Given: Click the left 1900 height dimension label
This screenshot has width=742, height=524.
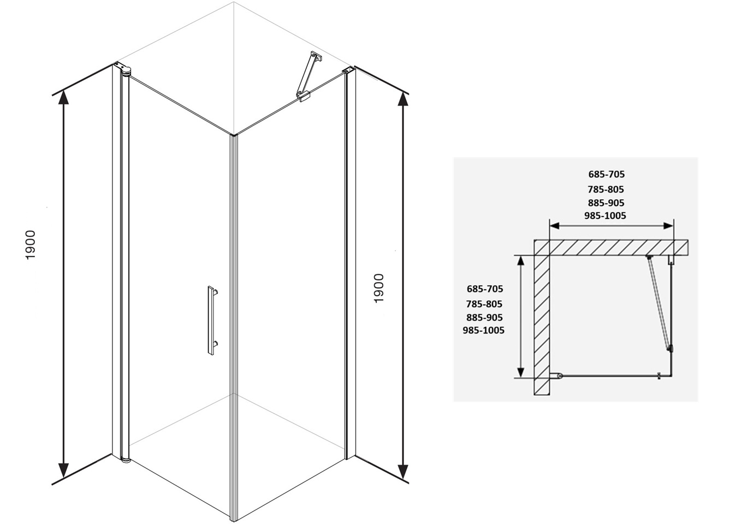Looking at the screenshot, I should click(x=31, y=245).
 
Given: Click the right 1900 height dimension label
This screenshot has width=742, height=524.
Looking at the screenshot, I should click(x=379, y=288).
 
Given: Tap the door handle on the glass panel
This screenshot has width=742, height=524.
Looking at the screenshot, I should click(x=211, y=320).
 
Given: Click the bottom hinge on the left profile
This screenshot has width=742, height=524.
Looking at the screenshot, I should click(x=125, y=458).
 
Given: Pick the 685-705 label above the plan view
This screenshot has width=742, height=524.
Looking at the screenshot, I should click(x=606, y=175).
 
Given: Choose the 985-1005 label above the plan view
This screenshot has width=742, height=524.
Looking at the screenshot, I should click(x=605, y=216).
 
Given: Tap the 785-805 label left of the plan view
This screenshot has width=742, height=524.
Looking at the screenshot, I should click(x=484, y=304).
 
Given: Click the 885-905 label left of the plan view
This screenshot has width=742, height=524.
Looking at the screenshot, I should click(x=484, y=317).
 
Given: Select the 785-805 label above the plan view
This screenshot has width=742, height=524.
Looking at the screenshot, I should click(x=606, y=189).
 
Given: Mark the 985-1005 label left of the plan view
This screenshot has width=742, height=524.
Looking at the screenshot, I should click(x=483, y=330).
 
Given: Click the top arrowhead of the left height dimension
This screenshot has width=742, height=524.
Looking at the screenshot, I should click(x=64, y=97).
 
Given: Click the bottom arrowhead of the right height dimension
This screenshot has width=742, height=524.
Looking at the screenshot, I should click(x=403, y=471).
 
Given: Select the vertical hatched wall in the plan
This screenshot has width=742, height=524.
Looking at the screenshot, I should click(x=542, y=322).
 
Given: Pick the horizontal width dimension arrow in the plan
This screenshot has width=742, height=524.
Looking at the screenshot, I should click(x=611, y=225).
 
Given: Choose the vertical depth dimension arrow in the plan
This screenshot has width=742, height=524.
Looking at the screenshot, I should click(x=521, y=317).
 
